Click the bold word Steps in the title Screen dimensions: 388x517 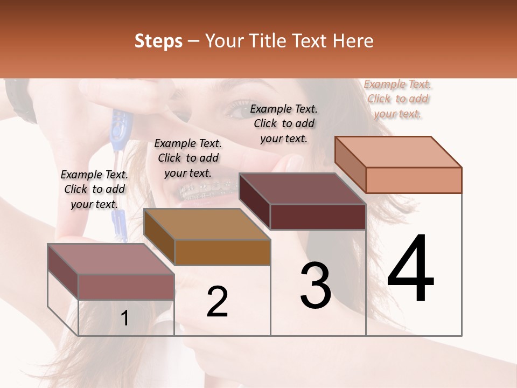pos(158,41)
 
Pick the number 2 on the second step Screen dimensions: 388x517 pos(217,302)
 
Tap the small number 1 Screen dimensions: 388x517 pos(124,318)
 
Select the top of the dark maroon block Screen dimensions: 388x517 pos(302,189)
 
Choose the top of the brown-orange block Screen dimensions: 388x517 pos(207,224)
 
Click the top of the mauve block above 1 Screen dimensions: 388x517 pos(111,259)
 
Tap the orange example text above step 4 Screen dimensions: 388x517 pos(398,99)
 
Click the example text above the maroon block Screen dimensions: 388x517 pos(284,123)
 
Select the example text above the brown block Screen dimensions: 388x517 pos(188,158)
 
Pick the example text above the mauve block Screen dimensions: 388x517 pos(94,189)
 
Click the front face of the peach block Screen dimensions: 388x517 pos(414,180)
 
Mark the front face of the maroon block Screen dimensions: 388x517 pos(318,217)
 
